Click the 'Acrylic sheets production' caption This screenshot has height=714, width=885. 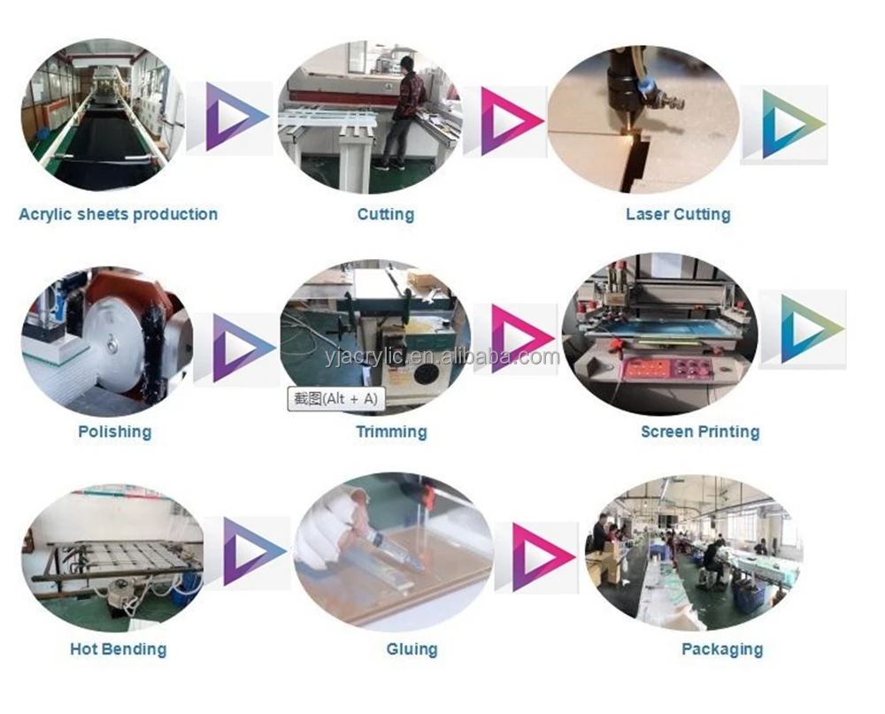[x=118, y=214]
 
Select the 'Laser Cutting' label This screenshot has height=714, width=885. [x=678, y=214]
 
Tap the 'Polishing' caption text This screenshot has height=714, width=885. [x=114, y=432]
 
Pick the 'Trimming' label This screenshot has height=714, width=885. [x=391, y=432]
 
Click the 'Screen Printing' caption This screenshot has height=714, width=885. [x=700, y=432]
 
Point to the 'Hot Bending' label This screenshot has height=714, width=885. [x=118, y=649]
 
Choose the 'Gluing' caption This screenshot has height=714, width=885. [x=412, y=649]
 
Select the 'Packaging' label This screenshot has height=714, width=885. [x=722, y=649]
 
